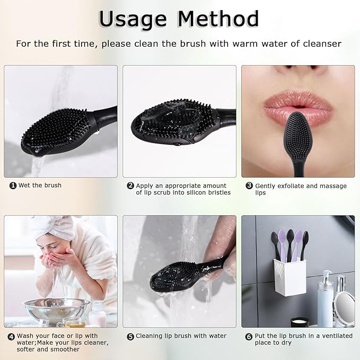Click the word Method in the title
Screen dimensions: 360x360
[x=218, y=19]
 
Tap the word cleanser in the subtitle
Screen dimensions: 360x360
[x=322, y=43]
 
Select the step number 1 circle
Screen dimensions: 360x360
[x=13, y=186]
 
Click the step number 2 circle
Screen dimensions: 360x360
[x=130, y=186]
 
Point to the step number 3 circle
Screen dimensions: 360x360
[x=249, y=186]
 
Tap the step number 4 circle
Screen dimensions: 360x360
[x=11, y=337]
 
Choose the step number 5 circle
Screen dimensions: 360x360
[x=130, y=337]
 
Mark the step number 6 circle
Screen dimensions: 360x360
[x=249, y=337]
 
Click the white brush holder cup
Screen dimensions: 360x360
[x=289, y=277]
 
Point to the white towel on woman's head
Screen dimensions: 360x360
[x=55, y=227]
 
